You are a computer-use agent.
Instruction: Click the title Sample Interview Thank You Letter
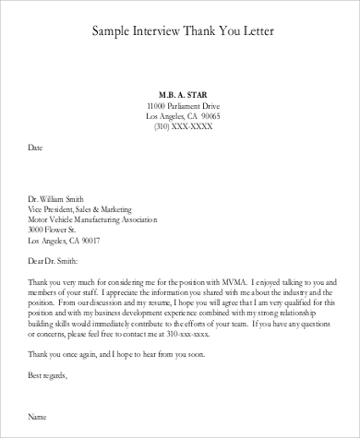tap(179, 32)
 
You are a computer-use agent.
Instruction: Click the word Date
tap(35, 148)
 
